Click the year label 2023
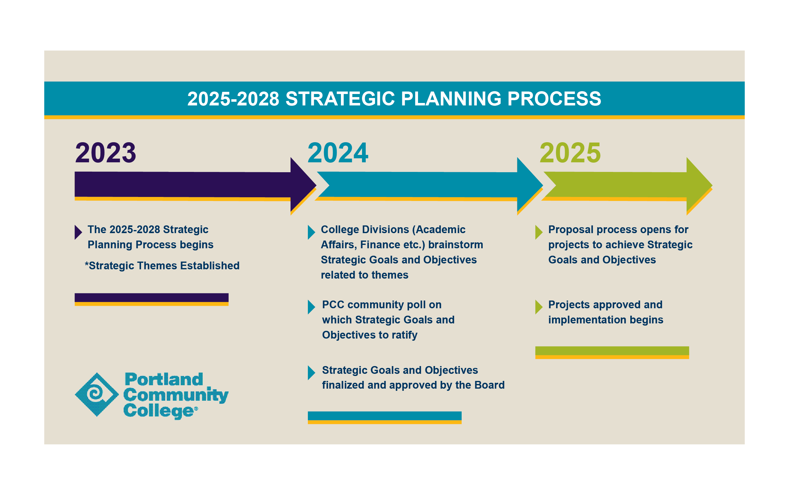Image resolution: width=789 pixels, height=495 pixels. point(106,152)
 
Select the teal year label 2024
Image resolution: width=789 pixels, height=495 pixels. point(338,152)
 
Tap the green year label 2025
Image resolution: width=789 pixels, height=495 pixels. point(570,152)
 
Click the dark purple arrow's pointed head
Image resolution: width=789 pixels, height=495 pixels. point(303,185)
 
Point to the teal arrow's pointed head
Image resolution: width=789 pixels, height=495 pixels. point(530,185)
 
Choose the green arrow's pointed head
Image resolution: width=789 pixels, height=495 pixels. point(699,185)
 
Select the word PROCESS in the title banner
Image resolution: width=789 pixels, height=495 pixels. point(554,99)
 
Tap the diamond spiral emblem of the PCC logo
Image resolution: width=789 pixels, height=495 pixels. point(97,395)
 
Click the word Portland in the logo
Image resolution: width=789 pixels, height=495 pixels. point(164,379)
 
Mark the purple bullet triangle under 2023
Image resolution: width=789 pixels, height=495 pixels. point(78,232)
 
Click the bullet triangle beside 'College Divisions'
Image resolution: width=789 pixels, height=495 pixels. point(311,232)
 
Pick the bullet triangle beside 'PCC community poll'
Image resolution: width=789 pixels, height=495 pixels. point(311,307)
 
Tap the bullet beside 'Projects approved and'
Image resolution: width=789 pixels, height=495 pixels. point(538,307)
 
